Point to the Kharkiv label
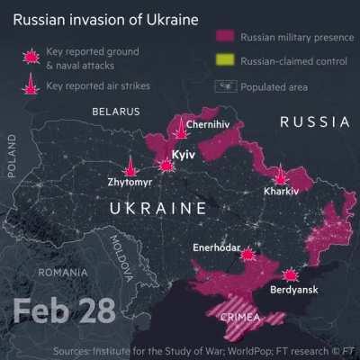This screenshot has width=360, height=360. click(x=281, y=192)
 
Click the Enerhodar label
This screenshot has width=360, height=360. click(x=218, y=247)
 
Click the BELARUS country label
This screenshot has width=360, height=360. click(x=116, y=112)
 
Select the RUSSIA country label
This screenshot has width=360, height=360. click(x=314, y=121)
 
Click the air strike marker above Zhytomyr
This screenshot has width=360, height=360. click(x=131, y=166)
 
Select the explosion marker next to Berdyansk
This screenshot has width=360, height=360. click(x=290, y=274)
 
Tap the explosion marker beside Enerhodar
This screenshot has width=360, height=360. click(x=248, y=254)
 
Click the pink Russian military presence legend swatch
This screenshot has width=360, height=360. click(x=226, y=37)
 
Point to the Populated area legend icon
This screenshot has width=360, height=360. click(x=226, y=86)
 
